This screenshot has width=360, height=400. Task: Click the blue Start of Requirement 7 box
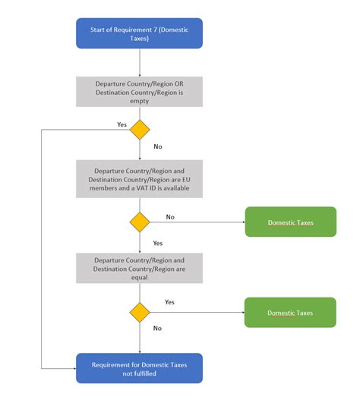(x=140, y=33)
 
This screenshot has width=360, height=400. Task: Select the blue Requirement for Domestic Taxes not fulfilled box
(x=140, y=368)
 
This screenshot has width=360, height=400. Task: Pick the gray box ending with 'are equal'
(x=140, y=268)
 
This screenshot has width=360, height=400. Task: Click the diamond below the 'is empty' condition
(x=140, y=129)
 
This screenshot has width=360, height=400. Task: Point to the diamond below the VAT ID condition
(x=140, y=222)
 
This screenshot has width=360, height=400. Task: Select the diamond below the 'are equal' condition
(x=140, y=311)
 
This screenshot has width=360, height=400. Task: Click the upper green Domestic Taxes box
(x=289, y=222)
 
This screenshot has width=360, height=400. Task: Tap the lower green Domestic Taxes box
(x=289, y=312)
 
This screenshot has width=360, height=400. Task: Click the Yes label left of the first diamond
(x=122, y=124)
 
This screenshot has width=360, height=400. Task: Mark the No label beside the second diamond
(x=170, y=216)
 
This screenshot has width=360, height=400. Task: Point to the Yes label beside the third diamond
(x=170, y=302)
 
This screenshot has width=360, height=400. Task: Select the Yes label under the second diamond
(x=158, y=243)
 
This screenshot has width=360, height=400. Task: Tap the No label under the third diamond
(x=157, y=328)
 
